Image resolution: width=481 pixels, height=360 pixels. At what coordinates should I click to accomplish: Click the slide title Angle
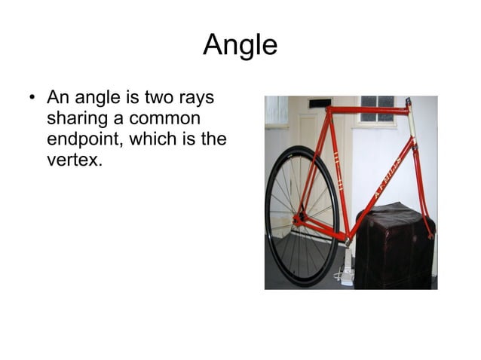click(x=240, y=45)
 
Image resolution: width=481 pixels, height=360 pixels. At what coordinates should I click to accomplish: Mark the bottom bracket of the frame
click(x=347, y=239)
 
